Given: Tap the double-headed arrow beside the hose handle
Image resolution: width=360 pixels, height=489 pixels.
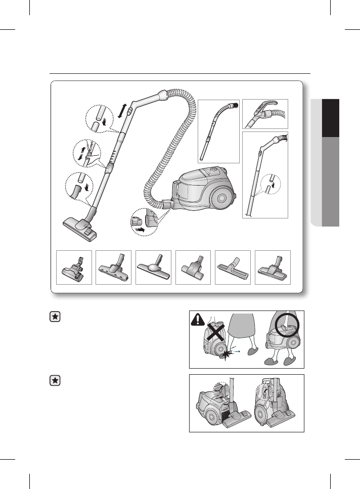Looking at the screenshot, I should coord(122,109).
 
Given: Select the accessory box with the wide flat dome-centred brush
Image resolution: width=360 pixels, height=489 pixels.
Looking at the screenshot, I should coord(153,266).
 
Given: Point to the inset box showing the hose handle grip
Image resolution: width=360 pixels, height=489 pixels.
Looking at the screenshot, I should coord(265,114).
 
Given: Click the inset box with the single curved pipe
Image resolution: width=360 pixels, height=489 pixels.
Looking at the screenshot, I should coord(218,131).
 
